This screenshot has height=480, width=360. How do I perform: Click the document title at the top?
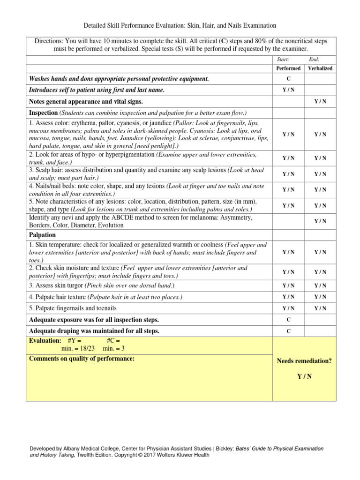[180, 25]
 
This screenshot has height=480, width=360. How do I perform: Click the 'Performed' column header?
[288, 68]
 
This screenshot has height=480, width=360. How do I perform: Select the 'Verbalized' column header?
[320, 68]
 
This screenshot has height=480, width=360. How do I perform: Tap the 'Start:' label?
[284, 60]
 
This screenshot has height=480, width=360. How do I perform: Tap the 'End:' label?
[314, 60]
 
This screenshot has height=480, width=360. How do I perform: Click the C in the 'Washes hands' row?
[288, 79]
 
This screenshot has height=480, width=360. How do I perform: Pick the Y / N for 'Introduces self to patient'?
[288, 90]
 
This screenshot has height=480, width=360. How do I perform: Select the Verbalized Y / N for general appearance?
[320, 102]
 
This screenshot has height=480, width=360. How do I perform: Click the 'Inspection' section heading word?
[43, 113]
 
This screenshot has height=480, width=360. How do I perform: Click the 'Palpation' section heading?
[42, 235]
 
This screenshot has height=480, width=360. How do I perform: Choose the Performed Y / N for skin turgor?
[288, 285]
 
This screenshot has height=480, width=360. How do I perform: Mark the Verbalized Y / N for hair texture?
[320, 297]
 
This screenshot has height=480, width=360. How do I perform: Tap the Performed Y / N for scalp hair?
[288, 174]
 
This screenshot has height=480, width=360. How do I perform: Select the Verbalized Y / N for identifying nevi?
[320, 221]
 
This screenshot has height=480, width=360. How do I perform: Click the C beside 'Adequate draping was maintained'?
[288, 331]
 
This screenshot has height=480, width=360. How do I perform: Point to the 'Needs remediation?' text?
[304, 361]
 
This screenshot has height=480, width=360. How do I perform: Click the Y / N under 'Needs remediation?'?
[304, 376]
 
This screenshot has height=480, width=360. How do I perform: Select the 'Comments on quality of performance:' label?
[82, 359]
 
